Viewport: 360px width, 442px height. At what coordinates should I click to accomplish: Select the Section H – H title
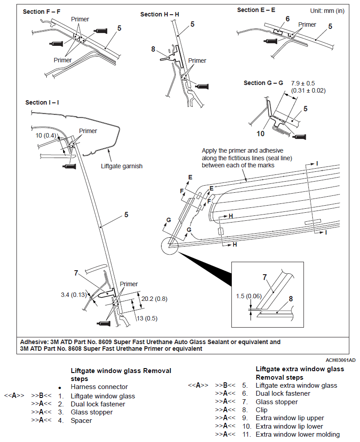(160, 14)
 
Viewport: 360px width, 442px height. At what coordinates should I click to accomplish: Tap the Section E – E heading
(256, 10)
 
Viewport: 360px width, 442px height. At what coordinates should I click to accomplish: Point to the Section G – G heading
(263, 83)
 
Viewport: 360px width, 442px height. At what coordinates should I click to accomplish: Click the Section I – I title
(42, 102)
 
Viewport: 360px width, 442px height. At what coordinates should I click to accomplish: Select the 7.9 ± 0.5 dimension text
(303, 83)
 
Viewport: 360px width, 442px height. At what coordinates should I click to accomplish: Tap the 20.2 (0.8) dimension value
(154, 299)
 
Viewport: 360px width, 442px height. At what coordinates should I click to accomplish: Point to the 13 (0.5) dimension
(148, 318)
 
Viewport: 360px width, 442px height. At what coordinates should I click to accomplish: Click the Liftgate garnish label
(121, 166)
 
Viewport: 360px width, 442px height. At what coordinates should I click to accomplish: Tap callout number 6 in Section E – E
(287, 19)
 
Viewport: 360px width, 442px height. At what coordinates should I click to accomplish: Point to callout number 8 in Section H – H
(153, 49)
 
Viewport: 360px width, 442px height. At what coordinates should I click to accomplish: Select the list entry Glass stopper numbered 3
(91, 412)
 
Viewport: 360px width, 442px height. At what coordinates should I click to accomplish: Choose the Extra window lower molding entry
(298, 434)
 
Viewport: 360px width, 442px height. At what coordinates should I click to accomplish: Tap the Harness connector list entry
(99, 387)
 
